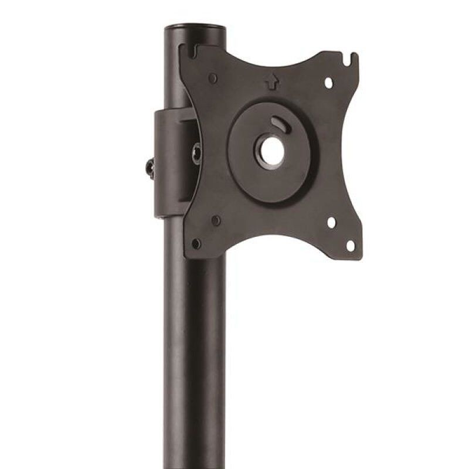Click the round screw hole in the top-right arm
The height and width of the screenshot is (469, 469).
click(x=329, y=83)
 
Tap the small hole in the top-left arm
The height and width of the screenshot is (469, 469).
click(x=213, y=77)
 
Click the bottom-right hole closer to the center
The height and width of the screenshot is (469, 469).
click(x=331, y=223)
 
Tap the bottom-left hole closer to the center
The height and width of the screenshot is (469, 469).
click(x=216, y=220)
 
